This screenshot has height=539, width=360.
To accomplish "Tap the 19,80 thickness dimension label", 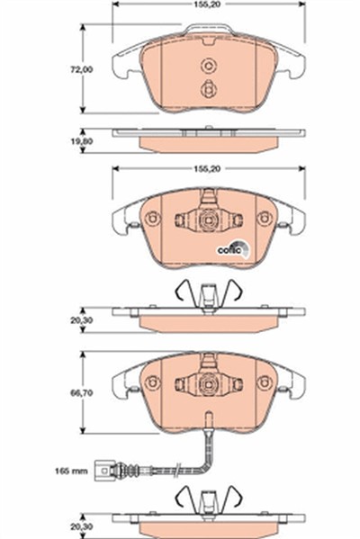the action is coord(82,141).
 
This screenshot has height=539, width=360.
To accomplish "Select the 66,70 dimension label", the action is coord(82,392).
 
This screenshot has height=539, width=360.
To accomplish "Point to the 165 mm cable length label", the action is coord(71,471).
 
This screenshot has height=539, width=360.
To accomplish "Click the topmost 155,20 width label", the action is coord(207,4).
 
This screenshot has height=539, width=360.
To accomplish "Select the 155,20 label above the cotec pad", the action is coord(207,169).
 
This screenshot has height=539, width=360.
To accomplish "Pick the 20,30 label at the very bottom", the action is coord(82,526).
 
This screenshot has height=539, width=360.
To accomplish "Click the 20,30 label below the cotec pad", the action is coord(82,320).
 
